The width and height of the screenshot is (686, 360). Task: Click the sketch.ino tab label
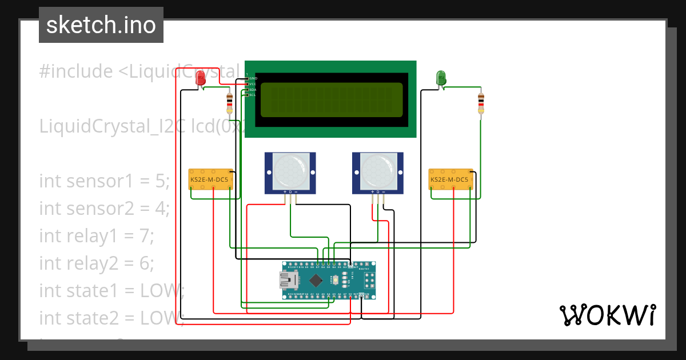click(x=101, y=25)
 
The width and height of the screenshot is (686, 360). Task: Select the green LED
click(x=441, y=78)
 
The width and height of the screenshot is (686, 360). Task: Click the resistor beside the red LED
click(x=230, y=104)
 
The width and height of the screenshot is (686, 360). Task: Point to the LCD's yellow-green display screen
click(x=332, y=99)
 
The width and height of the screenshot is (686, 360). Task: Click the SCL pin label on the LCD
click(x=252, y=95)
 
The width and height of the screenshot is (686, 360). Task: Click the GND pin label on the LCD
click(x=253, y=78)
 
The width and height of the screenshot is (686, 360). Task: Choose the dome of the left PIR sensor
click(x=289, y=170)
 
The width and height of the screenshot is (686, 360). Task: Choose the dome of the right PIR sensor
click(x=377, y=170)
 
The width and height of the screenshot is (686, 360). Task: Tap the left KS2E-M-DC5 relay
click(x=210, y=179)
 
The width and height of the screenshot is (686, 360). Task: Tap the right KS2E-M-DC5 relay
click(x=451, y=179)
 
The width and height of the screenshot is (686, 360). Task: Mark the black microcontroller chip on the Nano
click(x=316, y=280)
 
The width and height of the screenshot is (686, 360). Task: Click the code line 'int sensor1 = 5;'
click(x=105, y=181)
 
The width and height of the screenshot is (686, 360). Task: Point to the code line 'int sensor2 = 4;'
click(x=105, y=209)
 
